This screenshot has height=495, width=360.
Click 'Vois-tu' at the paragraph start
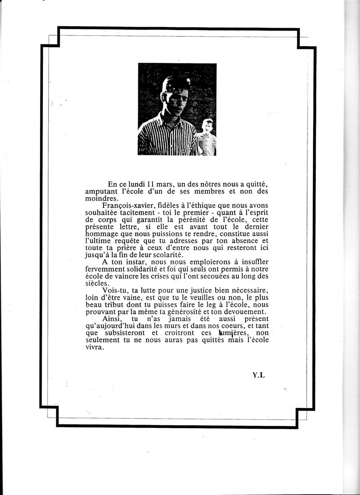coord(114,290)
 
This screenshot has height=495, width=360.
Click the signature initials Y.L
coord(258,375)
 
